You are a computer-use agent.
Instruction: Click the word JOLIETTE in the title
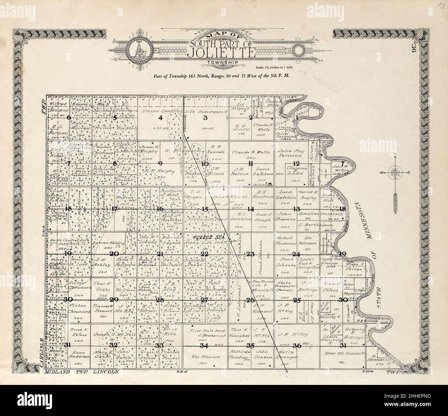[x=222, y=53]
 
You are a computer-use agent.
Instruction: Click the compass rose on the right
[x=395, y=172]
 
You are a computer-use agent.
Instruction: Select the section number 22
[x=205, y=254]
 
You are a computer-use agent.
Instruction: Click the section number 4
[x=160, y=118]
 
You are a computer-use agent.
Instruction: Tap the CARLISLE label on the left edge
[x=41, y=355]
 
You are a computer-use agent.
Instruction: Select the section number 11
[x=251, y=163]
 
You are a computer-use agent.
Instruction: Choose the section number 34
[x=205, y=345]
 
